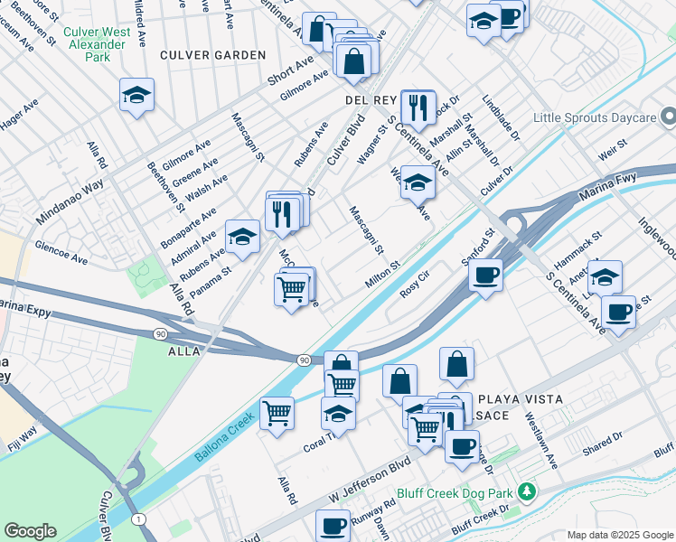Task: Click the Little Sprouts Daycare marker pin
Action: tap(667, 117)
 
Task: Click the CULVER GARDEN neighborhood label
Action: tap(213, 55)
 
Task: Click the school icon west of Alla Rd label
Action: tap(136, 96)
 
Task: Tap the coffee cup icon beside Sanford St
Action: tap(485, 276)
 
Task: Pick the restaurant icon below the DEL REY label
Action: tap(418, 108)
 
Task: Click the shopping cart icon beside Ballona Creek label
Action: tap(277, 414)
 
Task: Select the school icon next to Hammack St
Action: tap(605, 276)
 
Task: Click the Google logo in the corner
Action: tap(30, 531)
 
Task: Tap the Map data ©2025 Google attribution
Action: tap(619, 534)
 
